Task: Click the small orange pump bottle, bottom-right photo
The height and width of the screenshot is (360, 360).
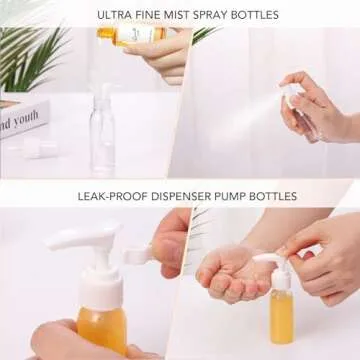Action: tap(282, 310)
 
